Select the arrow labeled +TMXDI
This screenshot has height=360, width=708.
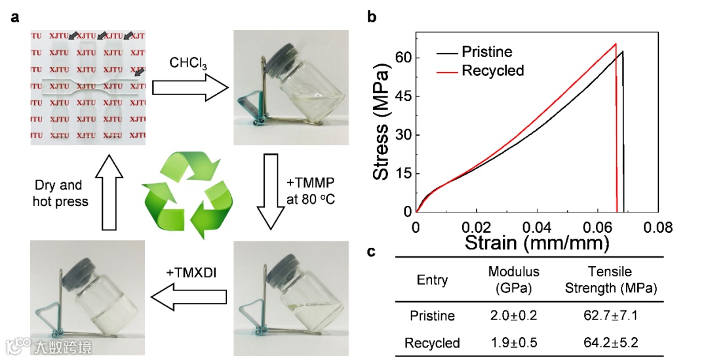click(x=189, y=298)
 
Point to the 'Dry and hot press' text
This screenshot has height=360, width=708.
click(x=60, y=193)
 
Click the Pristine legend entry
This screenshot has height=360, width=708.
click(x=487, y=51)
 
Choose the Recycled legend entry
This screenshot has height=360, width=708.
click(x=492, y=70)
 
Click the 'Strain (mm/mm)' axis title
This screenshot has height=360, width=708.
click(x=537, y=244)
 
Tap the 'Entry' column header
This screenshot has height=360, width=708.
click(x=432, y=280)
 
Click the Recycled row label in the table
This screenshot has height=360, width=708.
click(x=432, y=342)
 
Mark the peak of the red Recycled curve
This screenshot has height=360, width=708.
click(x=616, y=44)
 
